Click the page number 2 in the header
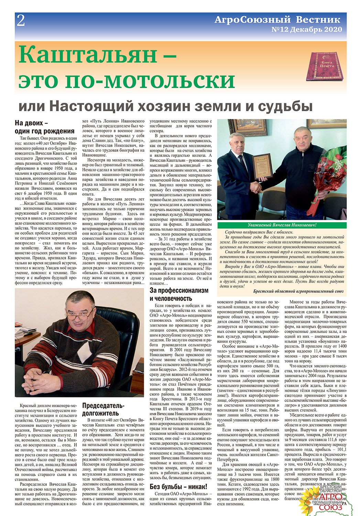point(21,21)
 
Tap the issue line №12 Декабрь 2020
point(307,29)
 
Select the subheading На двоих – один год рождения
point(44,127)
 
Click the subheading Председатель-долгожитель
point(103,409)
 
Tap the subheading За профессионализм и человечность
point(179,294)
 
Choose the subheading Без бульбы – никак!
point(178,486)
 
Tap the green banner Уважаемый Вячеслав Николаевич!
point(282,225)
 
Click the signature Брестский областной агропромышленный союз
point(298,291)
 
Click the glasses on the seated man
point(81,314)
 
